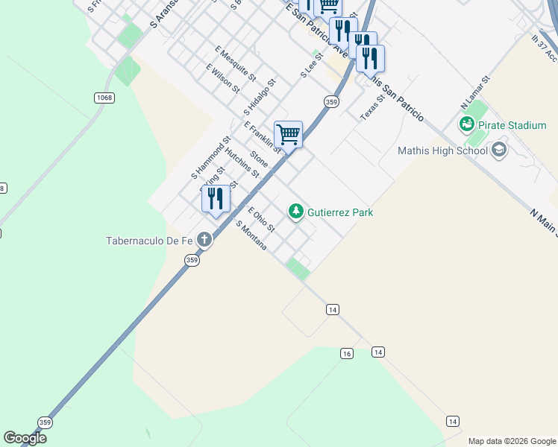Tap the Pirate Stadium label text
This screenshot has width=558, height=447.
(512, 125)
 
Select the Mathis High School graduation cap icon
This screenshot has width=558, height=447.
(499, 151)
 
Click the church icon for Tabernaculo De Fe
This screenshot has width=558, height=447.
(204, 241)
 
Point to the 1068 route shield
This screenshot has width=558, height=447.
(104, 98)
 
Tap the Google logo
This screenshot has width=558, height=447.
(25, 437)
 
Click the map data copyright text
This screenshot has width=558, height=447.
(511, 441)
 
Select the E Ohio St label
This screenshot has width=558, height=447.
(261, 219)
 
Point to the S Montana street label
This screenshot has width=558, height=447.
(251, 235)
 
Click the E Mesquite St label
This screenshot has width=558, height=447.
(235, 65)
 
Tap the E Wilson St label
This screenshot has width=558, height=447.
(223, 78)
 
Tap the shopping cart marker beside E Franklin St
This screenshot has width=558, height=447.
(289, 135)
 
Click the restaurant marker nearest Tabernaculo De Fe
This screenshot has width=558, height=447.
(216, 199)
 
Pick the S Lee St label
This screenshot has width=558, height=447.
(312, 65)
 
